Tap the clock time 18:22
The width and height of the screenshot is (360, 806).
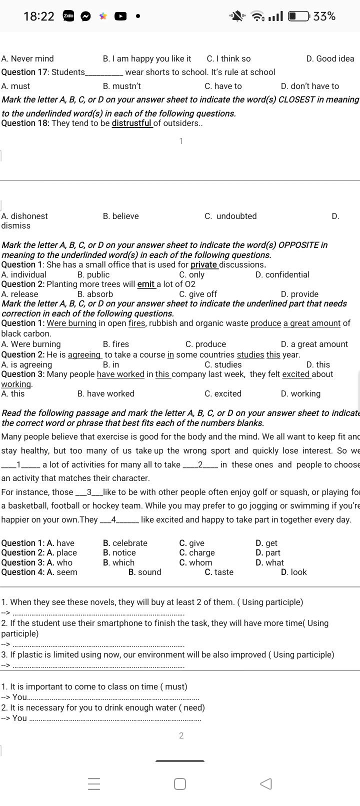click(x=39, y=16)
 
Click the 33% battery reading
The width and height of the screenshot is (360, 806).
click(x=325, y=16)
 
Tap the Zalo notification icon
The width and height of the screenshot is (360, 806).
click(x=68, y=16)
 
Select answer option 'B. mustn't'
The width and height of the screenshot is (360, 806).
click(x=122, y=86)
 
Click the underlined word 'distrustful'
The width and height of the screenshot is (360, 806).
click(x=132, y=123)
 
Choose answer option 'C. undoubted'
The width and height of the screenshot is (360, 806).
click(x=230, y=216)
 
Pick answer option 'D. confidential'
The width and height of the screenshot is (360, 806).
click(x=282, y=274)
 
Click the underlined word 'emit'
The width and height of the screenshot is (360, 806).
click(x=146, y=284)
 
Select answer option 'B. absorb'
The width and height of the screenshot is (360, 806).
click(x=95, y=294)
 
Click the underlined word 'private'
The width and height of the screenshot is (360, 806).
click(x=204, y=265)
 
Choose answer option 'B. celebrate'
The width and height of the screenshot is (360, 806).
click(x=125, y=543)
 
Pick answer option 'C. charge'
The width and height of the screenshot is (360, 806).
click(x=197, y=552)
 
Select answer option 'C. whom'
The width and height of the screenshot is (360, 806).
click(x=195, y=562)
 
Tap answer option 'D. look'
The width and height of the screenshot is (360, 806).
click(x=294, y=572)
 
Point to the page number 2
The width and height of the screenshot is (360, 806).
click(x=181, y=735)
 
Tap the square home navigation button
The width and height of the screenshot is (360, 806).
click(x=180, y=784)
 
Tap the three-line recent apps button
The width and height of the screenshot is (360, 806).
click(x=94, y=784)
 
